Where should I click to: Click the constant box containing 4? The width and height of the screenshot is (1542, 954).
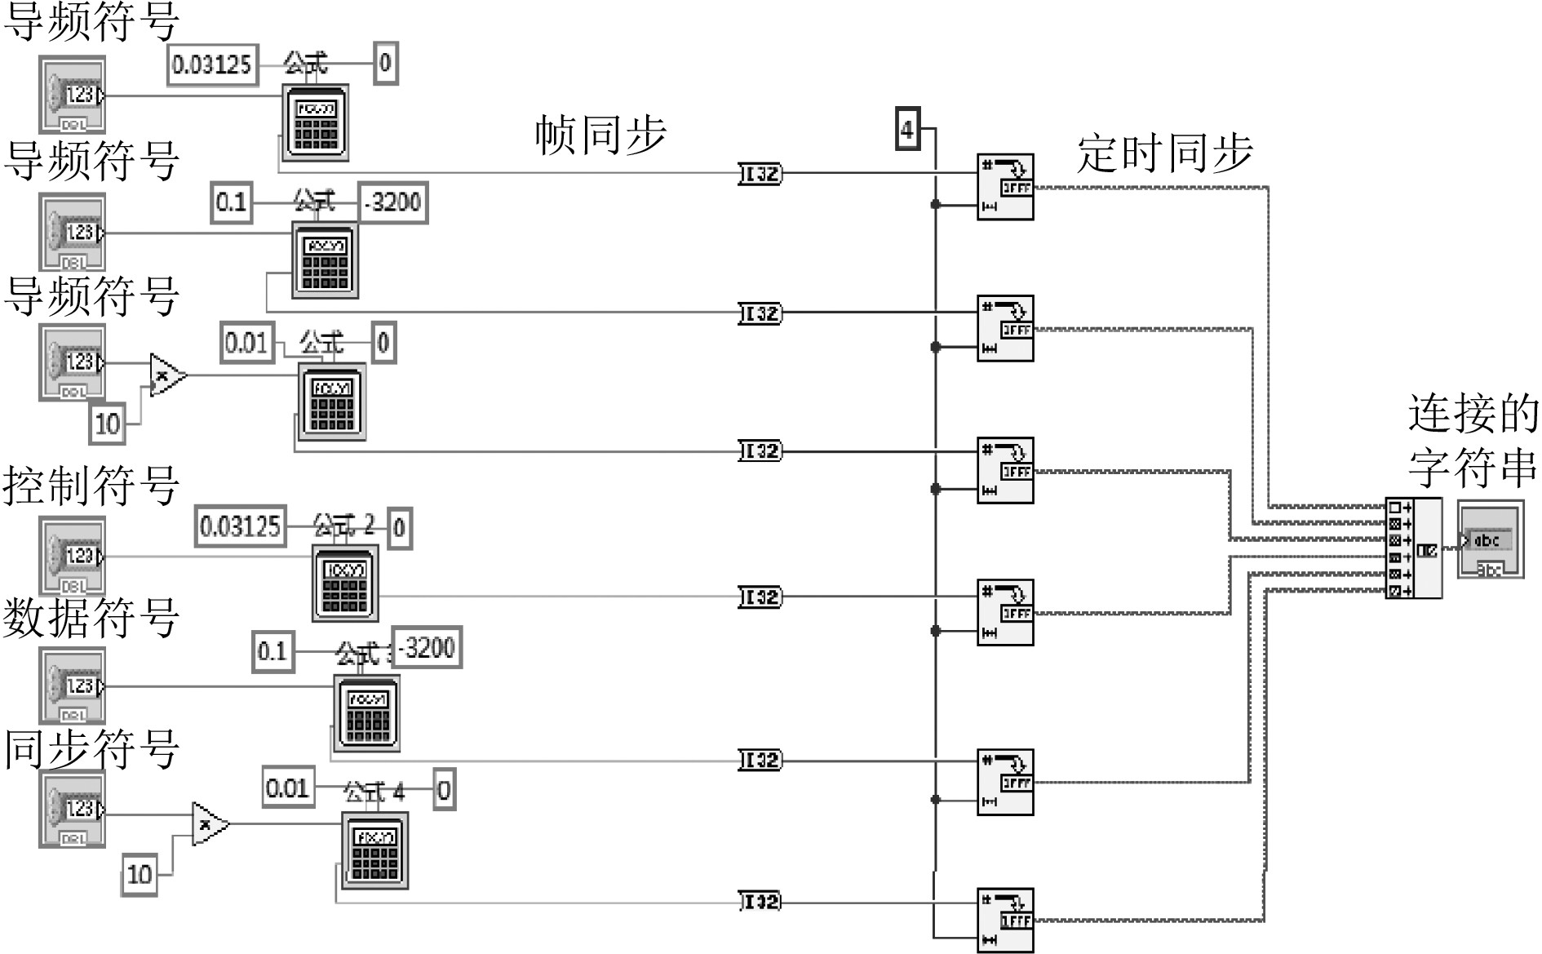[907, 129]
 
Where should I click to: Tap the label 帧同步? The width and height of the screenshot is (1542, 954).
[600, 135]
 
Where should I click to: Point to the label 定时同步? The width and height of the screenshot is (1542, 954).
[1164, 153]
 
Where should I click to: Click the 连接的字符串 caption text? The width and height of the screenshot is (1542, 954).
[1472, 441]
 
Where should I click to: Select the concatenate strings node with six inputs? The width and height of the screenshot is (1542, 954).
[1413, 548]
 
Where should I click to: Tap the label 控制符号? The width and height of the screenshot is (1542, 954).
[91, 486]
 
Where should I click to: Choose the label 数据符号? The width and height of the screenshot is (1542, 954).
[91, 618]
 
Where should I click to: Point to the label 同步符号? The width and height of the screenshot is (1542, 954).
[91, 748]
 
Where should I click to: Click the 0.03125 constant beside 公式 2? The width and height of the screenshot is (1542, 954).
[241, 526]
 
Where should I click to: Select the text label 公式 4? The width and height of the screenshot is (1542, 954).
[374, 791]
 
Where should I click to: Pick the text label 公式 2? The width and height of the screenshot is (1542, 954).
[344, 525]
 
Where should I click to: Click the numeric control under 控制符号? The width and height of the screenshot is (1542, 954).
[73, 556]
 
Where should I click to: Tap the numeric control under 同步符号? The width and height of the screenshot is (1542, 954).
[73, 810]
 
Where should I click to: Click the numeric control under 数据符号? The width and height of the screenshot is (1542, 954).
[73, 686]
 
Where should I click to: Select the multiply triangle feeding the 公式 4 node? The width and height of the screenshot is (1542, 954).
[209, 824]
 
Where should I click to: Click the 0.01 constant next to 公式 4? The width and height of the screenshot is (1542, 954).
[288, 788]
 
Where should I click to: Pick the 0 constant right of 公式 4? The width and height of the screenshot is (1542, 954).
[444, 789]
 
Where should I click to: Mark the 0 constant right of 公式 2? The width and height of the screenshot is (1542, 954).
[399, 528]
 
